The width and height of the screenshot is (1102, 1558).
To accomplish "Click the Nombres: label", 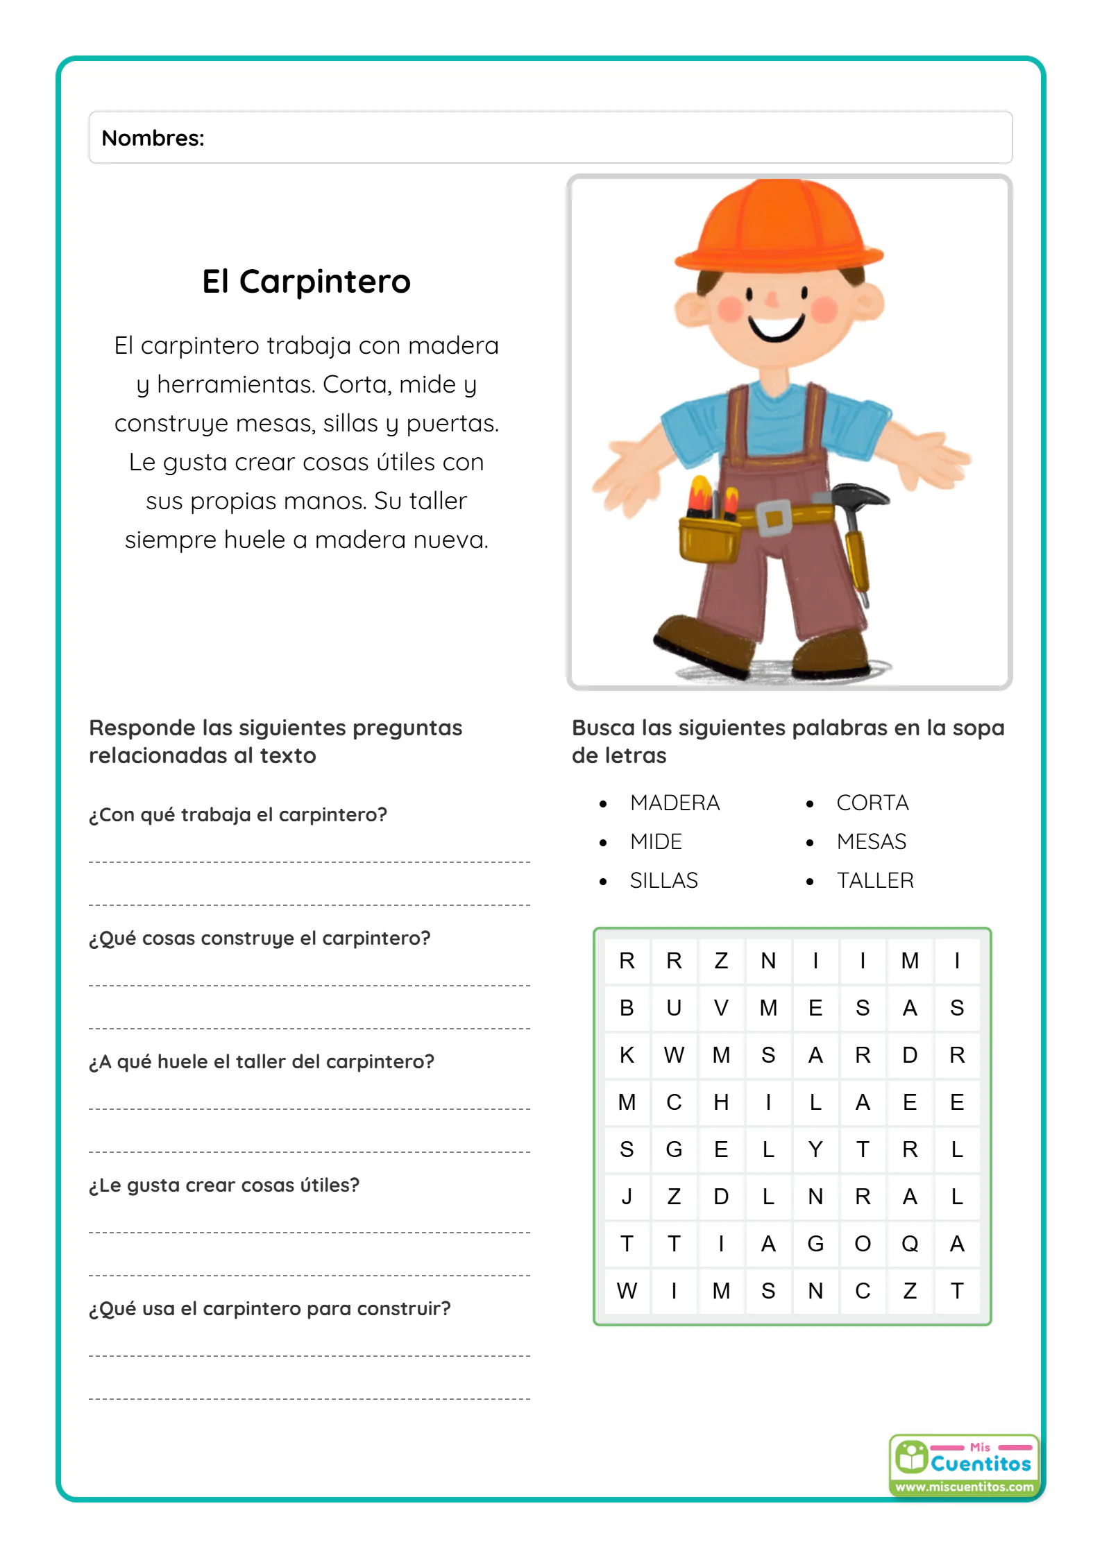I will [153, 138].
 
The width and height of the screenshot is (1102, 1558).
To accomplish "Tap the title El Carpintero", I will [306, 282].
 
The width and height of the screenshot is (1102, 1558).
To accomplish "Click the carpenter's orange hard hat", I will [779, 228].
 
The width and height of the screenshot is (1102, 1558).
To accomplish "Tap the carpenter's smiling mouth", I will [776, 327].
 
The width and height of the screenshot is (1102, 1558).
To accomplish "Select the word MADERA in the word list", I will [675, 803].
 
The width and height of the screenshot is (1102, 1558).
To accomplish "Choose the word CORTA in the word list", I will [872, 803].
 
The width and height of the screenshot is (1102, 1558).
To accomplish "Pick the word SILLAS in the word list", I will [663, 880].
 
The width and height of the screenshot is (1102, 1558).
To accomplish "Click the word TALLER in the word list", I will [875, 880].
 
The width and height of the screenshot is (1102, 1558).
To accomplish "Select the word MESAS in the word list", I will [871, 841].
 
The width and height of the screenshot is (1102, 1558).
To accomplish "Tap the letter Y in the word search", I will [815, 1149].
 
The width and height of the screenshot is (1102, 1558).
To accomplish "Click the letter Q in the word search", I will [910, 1244].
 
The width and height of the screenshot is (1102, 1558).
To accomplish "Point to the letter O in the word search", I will [863, 1244].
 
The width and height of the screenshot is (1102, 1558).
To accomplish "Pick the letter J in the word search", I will [627, 1197].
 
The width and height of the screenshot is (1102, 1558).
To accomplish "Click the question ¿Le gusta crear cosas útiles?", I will [224, 1185].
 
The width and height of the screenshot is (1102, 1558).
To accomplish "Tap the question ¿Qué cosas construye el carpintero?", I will [260, 938].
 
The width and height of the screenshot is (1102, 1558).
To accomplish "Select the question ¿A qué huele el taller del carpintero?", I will [261, 1061].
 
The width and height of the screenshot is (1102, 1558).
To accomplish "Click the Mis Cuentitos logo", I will [964, 1464].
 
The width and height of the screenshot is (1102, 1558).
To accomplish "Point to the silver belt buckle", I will [774, 517].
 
